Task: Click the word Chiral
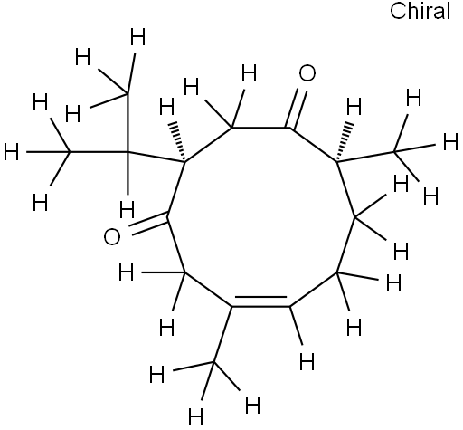(420, 11)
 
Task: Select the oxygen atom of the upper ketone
(307, 73)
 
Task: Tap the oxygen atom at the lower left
(112, 237)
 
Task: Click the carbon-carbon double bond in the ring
(260, 302)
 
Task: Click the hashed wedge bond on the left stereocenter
(178, 141)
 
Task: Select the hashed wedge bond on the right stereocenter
(344, 142)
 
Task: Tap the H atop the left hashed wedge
(166, 108)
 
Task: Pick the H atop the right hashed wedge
(354, 107)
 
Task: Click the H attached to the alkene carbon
(307, 362)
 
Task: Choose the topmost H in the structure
(137, 36)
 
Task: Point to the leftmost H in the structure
(12, 152)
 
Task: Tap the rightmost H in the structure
(450, 142)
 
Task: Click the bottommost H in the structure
(195, 417)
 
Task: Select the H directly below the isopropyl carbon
(127, 210)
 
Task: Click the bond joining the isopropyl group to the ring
(156, 157)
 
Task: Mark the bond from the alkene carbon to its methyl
(222, 334)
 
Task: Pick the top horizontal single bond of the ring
(260, 128)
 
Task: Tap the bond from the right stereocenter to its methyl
(366, 157)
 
